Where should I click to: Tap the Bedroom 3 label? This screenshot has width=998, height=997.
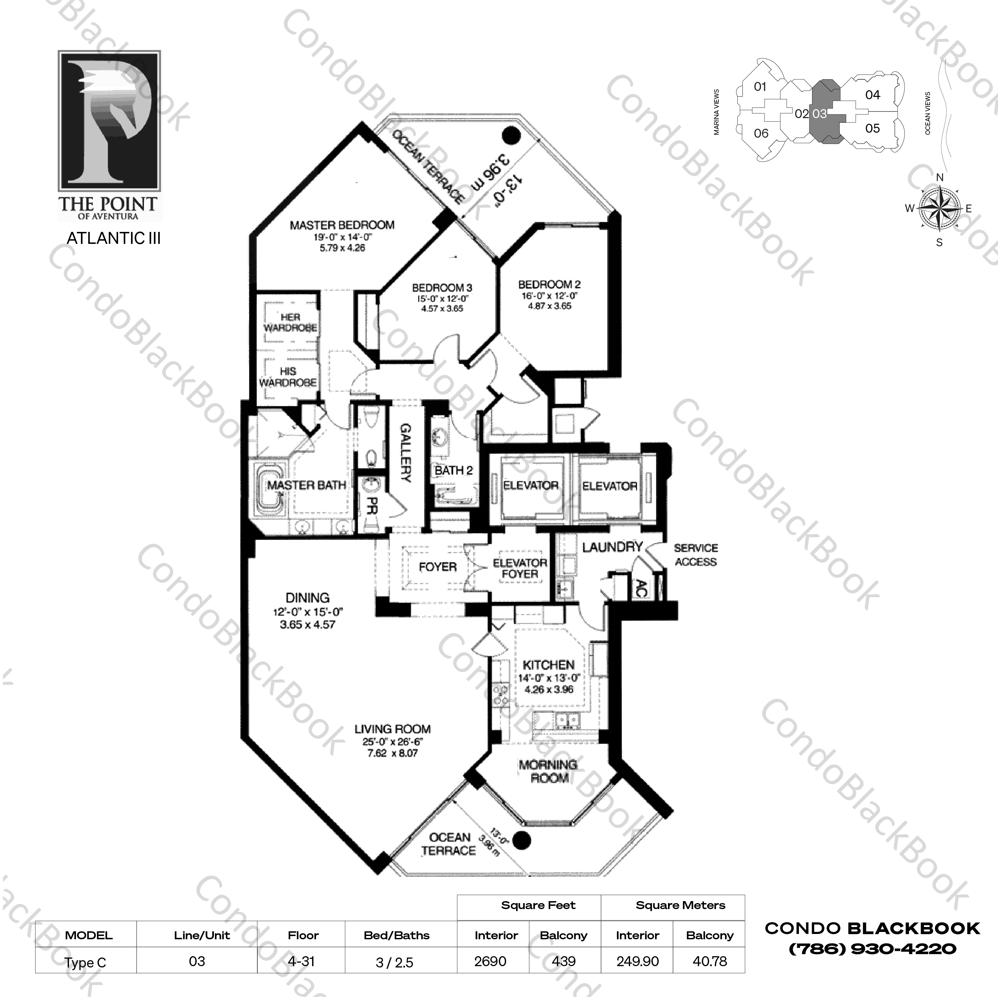[442, 288]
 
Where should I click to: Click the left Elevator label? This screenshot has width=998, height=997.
[531, 485]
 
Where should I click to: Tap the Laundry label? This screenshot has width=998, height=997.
[612, 547]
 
